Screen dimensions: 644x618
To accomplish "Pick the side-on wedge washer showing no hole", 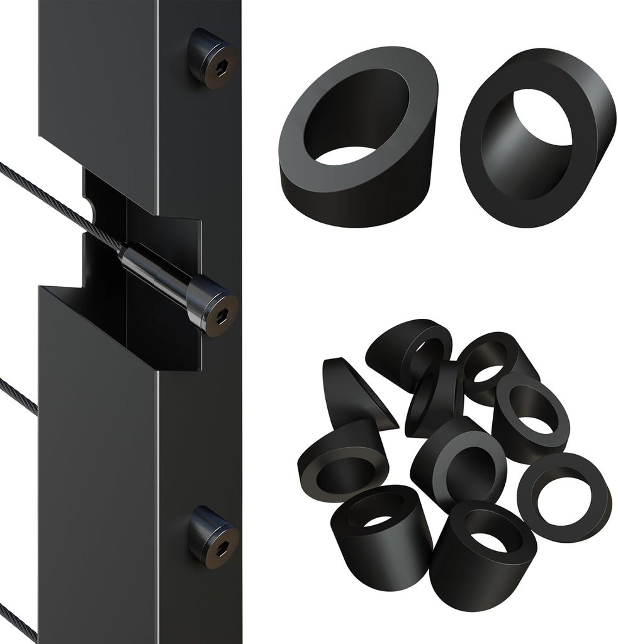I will (x=352, y=393).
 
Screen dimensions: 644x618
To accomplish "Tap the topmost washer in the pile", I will (x=409, y=349).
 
